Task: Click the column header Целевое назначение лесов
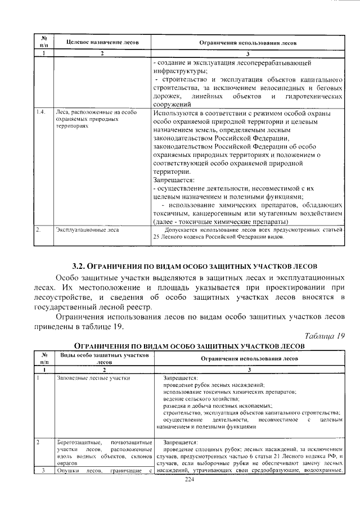coord(102,43)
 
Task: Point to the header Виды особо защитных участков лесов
coord(103,359)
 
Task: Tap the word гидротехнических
coord(313,96)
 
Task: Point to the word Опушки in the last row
coord(68,470)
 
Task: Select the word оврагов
coord(67,462)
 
